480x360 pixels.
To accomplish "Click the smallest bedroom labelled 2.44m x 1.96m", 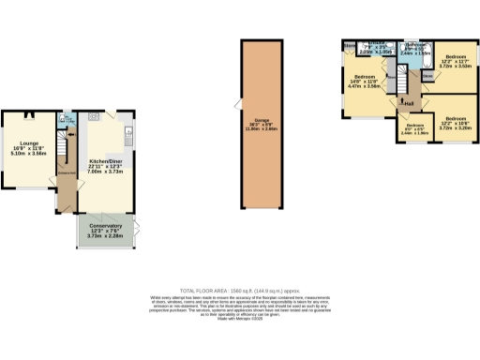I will (413, 127).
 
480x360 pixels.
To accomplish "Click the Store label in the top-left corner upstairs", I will (349, 44).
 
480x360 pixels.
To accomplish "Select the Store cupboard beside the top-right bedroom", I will (427, 76).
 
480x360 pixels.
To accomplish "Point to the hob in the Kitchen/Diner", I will (94, 118).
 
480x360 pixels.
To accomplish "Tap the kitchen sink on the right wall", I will (130, 131).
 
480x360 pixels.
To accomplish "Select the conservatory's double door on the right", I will (137, 231).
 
